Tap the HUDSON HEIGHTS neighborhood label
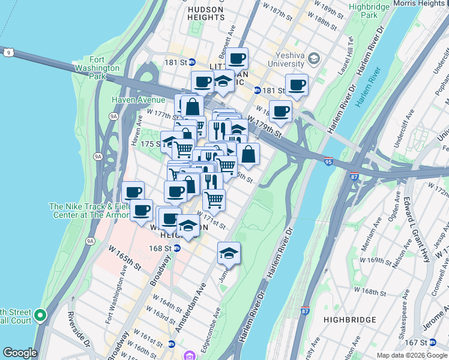[x=206, y=15]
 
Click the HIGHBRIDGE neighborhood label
[x=348, y=320]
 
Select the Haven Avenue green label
[x=138, y=100]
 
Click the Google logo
[x=19, y=353]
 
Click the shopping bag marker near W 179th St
[x=249, y=154]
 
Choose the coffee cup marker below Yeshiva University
[x=297, y=85]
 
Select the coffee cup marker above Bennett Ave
[x=238, y=59]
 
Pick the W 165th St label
[x=124, y=256]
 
